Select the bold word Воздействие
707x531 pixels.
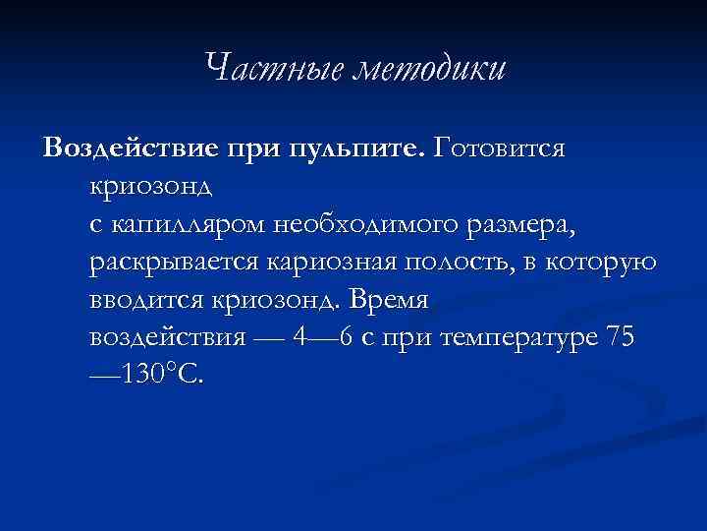(134, 148)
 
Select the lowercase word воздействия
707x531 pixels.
(161, 338)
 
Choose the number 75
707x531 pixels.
(622, 338)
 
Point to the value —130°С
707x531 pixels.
(147, 376)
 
